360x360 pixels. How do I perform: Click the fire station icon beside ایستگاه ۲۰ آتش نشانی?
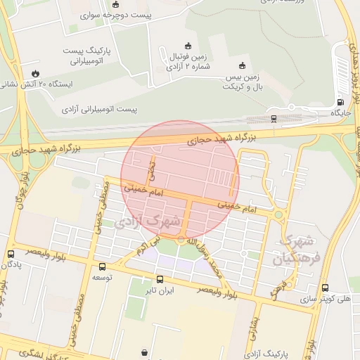click(x=35, y=73)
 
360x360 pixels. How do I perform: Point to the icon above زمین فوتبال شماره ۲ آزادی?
click(x=187, y=45)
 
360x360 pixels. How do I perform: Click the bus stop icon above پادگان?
click(x=11, y=254)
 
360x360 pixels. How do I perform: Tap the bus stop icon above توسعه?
click(x=103, y=266)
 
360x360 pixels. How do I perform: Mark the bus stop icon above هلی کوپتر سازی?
click(x=325, y=287)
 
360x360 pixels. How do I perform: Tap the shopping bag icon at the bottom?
click(x=144, y=352)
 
